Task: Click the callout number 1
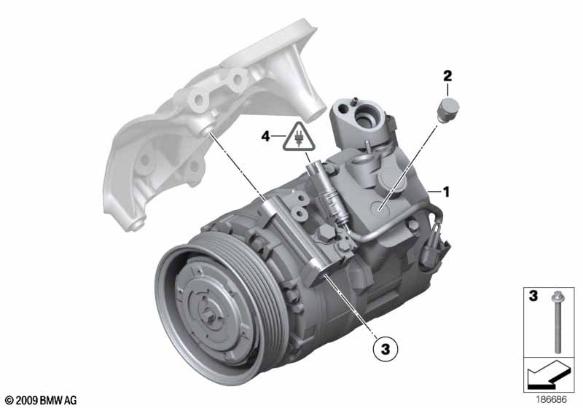tap(446, 192)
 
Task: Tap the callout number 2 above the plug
tap(447, 76)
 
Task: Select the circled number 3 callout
tap(386, 349)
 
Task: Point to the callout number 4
tap(265, 137)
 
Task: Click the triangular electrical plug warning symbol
tap(299, 138)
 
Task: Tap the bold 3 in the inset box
tap(533, 296)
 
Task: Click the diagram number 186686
tap(551, 400)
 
